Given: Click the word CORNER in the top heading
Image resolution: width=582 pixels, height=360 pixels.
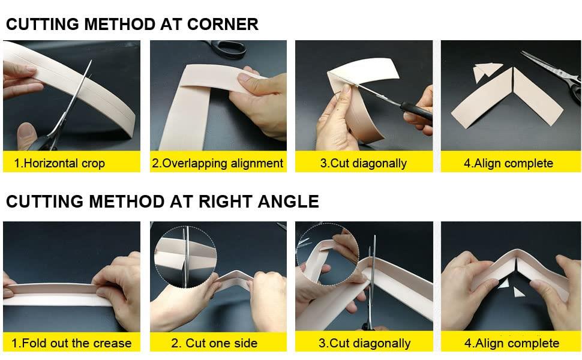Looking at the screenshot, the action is click(x=223, y=24).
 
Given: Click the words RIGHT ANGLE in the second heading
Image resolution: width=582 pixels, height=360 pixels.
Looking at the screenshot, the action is click(x=259, y=202).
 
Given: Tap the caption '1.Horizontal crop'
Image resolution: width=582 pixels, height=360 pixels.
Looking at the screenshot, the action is click(x=59, y=163).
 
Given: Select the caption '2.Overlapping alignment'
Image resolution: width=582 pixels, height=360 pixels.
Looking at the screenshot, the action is click(x=218, y=163).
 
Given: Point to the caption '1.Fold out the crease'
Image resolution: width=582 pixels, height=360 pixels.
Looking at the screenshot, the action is click(x=71, y=343).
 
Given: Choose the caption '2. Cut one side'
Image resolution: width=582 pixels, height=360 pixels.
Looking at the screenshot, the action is click(x=214, y=343).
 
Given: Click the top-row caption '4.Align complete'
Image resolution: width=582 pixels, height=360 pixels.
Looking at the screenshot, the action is click(x=509, y=163).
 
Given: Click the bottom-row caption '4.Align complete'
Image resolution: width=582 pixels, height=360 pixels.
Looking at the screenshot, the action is click(x=512, y=343).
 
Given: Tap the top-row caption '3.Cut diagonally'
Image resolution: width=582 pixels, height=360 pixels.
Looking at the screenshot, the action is click(x=364, y=163).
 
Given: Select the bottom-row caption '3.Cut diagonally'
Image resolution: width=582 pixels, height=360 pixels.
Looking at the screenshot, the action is click(x=364, y=343).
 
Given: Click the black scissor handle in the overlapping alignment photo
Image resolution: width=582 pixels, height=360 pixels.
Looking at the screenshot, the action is click(x=226, y=47).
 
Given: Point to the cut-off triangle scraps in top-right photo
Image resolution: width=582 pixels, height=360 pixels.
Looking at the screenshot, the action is click(x=485, y=71).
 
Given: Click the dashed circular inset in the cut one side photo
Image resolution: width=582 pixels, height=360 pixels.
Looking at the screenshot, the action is click(x=185, y=256).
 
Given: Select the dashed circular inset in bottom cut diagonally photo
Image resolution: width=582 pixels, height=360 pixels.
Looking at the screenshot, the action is click(x=328, y=254).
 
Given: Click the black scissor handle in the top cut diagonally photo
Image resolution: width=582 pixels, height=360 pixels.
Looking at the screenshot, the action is click(x=416, y=110).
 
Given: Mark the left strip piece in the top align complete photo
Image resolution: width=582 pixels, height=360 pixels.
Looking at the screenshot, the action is click(x=482, y=99).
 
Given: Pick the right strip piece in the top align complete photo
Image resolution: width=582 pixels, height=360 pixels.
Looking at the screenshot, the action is click(x=538, y=97).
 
